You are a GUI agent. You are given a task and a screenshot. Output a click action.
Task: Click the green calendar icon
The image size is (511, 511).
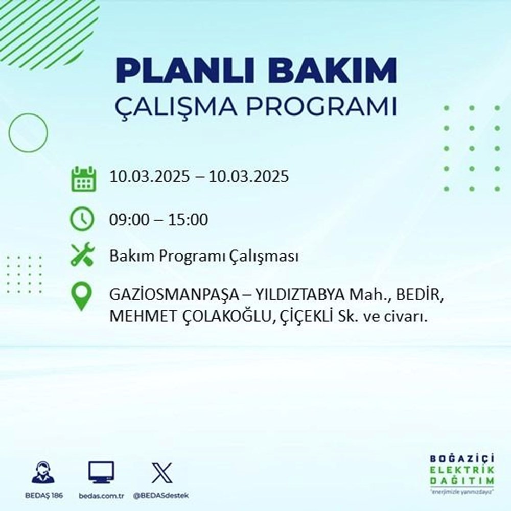click(x=83, y=178)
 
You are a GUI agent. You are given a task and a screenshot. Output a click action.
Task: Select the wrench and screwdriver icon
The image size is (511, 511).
click(x=82, y=255)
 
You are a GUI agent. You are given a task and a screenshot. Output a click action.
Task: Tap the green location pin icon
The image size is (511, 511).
click(x=82, y=297)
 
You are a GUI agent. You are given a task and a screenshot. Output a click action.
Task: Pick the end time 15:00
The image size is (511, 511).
click(x=191, y=220)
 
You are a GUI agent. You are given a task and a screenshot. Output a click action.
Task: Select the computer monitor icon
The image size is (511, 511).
click(x=101, y=473)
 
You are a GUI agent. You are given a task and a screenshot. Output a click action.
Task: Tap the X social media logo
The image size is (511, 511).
click(x=161, y=473)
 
